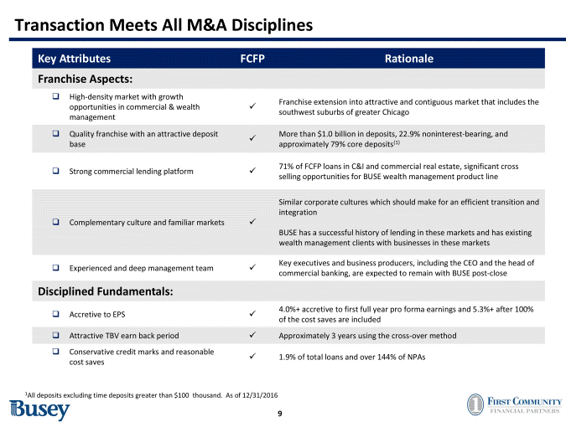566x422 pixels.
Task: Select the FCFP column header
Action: (x=252, y=59)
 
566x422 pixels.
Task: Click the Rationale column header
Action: (x=408, y=59)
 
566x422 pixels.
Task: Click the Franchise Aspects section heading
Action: (x=85, y=80)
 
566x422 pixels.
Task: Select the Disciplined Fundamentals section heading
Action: (x=106, y=292)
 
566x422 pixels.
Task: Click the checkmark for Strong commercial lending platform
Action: (x=252, y=172)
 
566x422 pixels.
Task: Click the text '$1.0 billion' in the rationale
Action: (x=327, y=134)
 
